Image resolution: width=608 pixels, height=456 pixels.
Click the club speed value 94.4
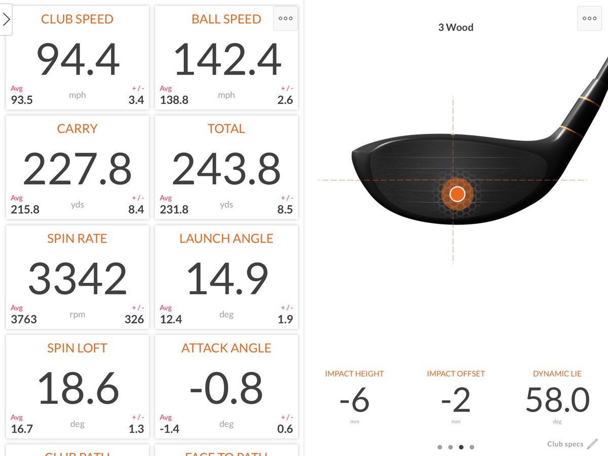tap(78, 60)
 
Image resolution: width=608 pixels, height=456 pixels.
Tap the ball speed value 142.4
tap(226, 60)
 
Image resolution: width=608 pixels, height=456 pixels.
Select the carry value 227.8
tap(78, 169)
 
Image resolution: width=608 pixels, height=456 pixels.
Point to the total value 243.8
tap(226, 169)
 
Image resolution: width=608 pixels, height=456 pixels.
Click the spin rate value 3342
tap(78, 279)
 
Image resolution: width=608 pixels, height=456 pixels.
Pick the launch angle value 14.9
tap(226, 279)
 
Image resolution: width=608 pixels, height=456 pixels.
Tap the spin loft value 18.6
tap(78, 389)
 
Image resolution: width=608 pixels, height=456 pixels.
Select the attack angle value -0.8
tap(226, 389)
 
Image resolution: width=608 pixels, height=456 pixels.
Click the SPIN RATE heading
tap(77, 239)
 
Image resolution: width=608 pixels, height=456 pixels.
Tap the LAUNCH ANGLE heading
tap(226, 239)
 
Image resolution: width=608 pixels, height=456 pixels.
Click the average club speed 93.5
tap(22, 100)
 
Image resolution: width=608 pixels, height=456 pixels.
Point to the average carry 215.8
tap(25, 209)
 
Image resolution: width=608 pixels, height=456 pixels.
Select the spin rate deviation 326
tap(134, 319)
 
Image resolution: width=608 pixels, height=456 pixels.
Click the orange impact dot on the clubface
tap(458, 194)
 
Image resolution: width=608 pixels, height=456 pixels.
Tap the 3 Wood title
tap(455, 27)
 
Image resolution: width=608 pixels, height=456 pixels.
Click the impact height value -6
tap(354, 400)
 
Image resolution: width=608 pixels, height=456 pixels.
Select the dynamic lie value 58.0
tap(557, 400)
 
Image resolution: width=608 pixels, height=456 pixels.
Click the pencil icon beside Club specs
tap(592, 444)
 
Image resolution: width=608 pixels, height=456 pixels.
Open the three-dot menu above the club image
tap(589, 19)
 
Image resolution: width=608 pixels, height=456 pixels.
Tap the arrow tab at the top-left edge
tap(6, 20)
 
